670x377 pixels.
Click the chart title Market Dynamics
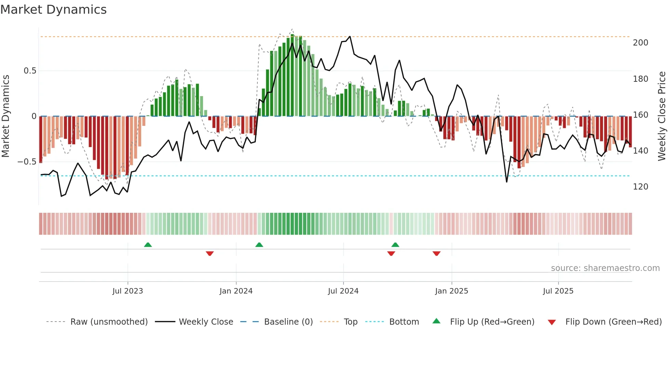click(53, 10)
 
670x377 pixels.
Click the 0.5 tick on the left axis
click(30, 71)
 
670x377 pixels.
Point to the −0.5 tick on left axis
click(27, 161)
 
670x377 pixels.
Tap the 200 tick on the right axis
click(640, 43)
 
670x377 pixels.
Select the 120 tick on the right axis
click(640, 187)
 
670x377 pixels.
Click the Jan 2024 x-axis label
click(236, 291)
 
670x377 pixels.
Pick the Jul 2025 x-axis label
click(558, 291)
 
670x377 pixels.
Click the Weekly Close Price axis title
click(662, 116)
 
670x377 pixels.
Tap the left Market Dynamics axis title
click(5, 116)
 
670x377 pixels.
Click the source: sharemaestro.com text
click(605, 268)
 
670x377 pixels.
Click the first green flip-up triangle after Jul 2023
click(148, 245)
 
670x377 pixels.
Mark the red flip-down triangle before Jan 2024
click(210, 253)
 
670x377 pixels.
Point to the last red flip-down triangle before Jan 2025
click(436, 253)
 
